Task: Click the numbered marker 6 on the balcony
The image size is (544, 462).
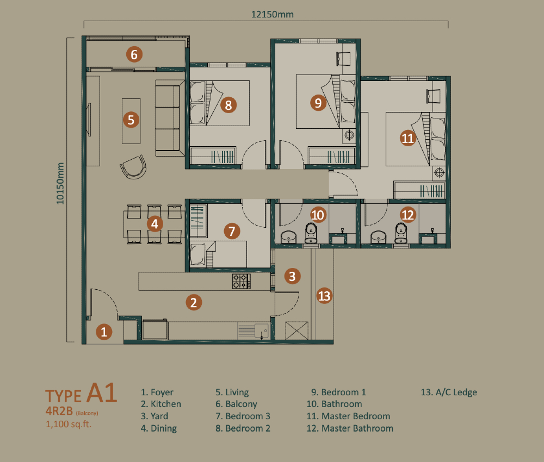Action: (x=134, y=54)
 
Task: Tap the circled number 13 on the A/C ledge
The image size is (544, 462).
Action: (x=324, y=296)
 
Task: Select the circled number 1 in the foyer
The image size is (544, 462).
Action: (x=104, y=332)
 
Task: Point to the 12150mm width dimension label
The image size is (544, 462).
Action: (x=273, y=14)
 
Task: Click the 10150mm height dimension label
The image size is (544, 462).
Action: (x=60, y=183)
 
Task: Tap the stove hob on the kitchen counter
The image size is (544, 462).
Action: (x=242, y=281)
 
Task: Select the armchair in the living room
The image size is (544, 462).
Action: (x=133, y=167)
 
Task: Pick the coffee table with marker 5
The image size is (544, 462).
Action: (x=131, y=121)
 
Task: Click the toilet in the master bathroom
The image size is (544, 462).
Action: (x=401, y=233)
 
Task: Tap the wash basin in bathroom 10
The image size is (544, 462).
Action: (x=288, y=237)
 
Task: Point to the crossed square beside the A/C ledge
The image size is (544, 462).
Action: (x=296, y=330)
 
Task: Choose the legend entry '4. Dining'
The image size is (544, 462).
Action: (x=158, y=428)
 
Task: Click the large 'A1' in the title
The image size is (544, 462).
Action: (x=102, y=392)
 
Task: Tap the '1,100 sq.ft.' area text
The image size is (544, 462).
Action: (x=69, y=424)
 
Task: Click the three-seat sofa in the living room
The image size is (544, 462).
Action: (x=170, y=118)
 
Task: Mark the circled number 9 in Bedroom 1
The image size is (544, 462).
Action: (x=318, y=103)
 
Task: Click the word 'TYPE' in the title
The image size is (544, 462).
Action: (x=63, y=396)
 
